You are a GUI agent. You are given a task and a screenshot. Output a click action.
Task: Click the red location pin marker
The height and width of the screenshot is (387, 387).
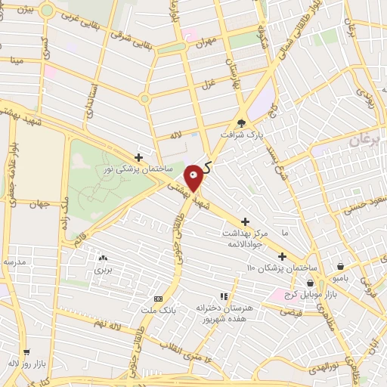[x=194, y=178]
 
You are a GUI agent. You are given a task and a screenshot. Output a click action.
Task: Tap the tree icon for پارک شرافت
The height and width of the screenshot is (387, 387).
[x=241, y=123]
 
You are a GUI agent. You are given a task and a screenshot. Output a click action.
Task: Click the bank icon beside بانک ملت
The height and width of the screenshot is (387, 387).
[x=157, y=299]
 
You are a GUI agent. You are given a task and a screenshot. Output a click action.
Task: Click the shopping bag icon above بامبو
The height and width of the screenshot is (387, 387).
[x=341, y=267]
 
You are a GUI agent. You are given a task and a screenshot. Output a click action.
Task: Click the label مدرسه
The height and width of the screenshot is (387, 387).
[x=14, y=262]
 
